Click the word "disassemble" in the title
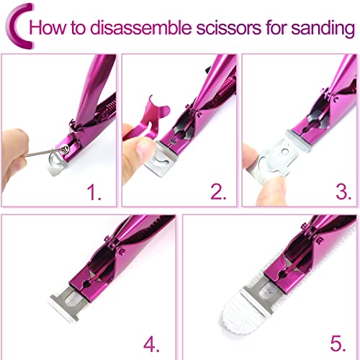141,27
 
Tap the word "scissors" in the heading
229,28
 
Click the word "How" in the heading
48,28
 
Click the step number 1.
94,192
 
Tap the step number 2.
218,192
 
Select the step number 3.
343,192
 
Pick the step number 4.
152,344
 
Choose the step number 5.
338,344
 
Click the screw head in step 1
65,149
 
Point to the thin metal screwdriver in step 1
43,153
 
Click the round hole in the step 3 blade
285,152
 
